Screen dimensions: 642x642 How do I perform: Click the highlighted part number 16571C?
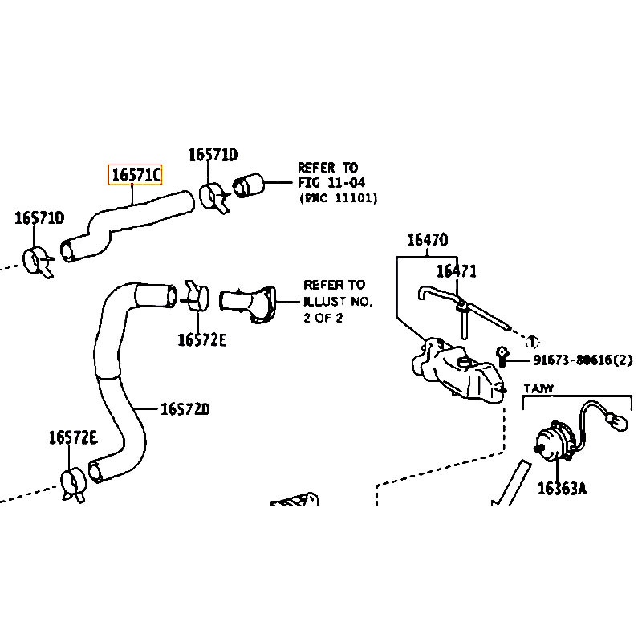(x=136, y=174)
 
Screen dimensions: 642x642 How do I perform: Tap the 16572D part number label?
(x=184, y=409)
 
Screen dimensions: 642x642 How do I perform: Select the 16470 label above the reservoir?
(x=427, y=240)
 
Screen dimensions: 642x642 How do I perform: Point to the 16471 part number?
(x=456, y=272)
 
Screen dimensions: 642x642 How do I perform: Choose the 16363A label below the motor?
(x=562, y=488)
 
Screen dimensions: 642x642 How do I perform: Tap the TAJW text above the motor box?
(x=540, y=389)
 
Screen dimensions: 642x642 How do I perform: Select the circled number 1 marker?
(x=533, y=340)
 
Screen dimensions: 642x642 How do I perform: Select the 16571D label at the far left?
(x=39, y=218)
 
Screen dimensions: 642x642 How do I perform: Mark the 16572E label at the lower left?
(x=72, y=437)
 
